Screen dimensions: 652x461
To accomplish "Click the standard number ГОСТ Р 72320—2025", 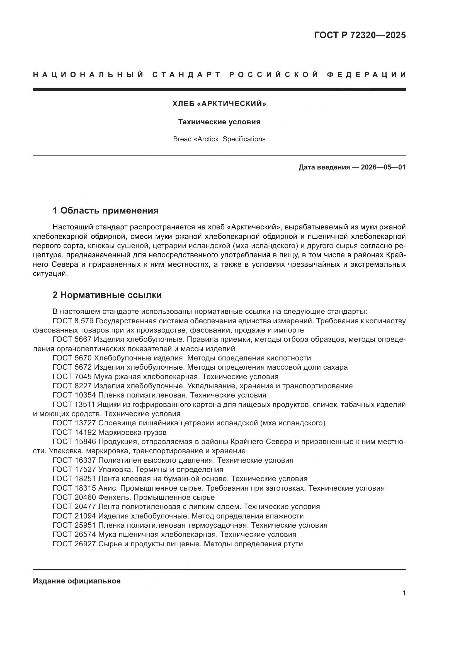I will [360, 35].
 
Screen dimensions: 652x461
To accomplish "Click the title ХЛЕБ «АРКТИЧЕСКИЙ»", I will [219, 104].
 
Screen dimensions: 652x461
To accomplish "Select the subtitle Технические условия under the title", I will [219, 122].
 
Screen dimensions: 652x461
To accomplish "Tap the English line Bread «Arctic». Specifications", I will [219, 139].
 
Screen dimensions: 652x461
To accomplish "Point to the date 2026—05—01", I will [383, 167].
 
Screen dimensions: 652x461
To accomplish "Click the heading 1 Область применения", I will [106, 211].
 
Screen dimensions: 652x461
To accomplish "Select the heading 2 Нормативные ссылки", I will [107, 295].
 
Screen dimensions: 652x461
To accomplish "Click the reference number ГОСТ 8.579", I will [73, 321].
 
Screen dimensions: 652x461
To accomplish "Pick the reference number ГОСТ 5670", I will [72, 358].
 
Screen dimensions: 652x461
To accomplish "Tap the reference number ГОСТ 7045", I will [72, 377].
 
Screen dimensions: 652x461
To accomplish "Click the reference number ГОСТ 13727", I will [74, 423].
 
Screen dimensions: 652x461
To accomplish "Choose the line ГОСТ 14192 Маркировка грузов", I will [110, 433].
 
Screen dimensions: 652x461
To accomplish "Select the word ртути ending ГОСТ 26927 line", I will [293, 544].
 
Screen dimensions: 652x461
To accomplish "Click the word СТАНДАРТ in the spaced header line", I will [186, 75].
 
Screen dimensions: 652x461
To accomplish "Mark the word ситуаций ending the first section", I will [50, 274].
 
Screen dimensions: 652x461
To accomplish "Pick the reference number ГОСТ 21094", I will [74, 516].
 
